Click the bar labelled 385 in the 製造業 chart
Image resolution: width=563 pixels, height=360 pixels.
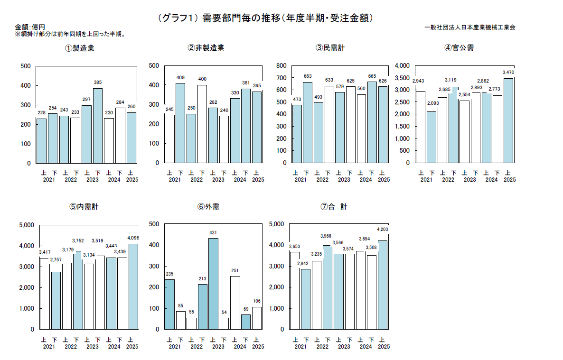(x=98, y=126)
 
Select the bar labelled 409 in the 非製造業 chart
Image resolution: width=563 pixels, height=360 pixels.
(x=180, y=123)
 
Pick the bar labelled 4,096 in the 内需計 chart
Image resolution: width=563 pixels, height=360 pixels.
(x=133, y=286)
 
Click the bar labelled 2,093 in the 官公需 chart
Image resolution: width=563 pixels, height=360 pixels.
(x=432, y=137)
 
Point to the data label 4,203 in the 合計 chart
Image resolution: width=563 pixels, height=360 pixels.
(x=382, y=229)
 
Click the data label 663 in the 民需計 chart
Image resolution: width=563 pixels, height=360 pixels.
(x=307, y=76)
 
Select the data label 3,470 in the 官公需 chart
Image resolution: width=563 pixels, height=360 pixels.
(x=508, y=73)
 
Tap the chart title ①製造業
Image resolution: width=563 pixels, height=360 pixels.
(x=79, y=48)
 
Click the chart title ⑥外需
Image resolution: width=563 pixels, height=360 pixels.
(x=208, y=207)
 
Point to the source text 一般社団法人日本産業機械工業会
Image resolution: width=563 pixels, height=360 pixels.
(x=470, y=28)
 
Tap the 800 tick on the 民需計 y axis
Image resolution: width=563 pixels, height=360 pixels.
(x=281, y=65)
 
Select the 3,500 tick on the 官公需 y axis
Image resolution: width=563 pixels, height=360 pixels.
(x=401, y=78)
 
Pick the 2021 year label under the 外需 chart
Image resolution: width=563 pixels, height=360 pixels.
(x=175, y=346)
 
